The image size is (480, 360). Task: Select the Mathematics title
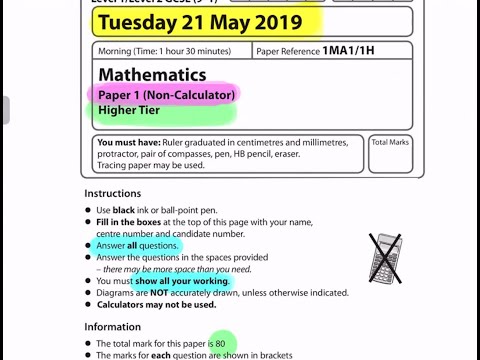click(152, 75)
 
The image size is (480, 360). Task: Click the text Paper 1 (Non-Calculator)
click(167, 95)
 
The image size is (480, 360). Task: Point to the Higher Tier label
click(130, 110)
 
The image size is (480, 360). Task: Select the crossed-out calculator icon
click(385, 257)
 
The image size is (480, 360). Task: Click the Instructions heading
click(112, 193)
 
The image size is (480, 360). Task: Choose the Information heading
click(113, 327)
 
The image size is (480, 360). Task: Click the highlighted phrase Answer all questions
click(138, 245)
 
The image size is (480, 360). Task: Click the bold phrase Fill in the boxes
click(133, 222)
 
